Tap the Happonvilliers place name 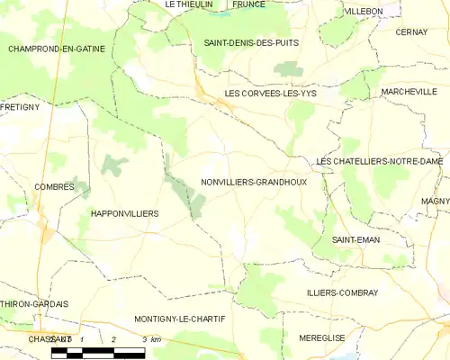[124, 213]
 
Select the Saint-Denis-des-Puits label [251, 42]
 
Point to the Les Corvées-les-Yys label [270, 93]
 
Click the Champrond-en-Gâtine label [56, 48]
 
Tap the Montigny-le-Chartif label [179, 319]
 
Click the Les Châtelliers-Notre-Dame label [379, 161]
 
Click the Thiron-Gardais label [34, 304]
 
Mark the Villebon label [364, 11]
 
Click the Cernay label [410, 31]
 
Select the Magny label [435, 202]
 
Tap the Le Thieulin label [189, 4]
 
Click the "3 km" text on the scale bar [151, 338]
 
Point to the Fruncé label [248, 4]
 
